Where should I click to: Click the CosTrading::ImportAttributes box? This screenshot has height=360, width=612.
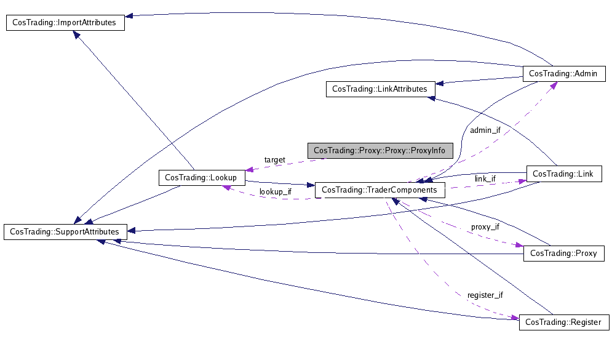[x=65, y=23]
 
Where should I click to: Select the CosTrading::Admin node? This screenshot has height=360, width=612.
[x=563, y=73]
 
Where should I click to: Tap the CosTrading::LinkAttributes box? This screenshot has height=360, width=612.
[x=380, y=89]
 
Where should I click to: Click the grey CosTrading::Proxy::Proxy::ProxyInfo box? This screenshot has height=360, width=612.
[x=380, y=150]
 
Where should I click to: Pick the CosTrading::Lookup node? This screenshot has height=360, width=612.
[x=202, y=177]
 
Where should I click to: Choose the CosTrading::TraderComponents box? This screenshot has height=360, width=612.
[x=380, y=190]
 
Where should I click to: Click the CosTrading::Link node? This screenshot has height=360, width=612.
[x=563, y=174]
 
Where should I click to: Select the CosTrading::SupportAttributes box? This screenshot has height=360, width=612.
[x=65, y=231]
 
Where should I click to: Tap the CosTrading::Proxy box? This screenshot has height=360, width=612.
[x=563, y=253]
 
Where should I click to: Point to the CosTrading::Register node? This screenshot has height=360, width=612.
[x=564, y=322]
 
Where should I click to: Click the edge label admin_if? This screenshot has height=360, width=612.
[x=485, y=130]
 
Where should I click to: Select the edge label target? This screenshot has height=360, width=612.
[x=274, y=160]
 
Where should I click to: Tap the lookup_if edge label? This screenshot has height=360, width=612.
[x=275, y=191]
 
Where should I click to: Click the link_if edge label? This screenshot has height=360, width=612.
[x=485, y=178]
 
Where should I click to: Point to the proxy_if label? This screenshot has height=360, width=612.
[x=485, y=226]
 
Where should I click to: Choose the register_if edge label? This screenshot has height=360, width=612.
[x=485, y=295]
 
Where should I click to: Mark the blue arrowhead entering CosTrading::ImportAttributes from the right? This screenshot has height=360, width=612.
[x=129, y=16]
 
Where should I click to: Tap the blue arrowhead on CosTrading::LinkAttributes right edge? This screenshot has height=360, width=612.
[x=439, y=83]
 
